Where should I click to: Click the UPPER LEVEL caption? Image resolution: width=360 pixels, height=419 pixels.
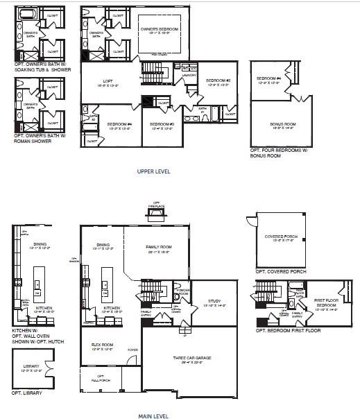(154, 171)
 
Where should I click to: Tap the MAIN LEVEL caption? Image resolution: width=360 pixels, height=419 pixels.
(154, 416)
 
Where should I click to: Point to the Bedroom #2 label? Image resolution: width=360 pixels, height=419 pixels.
(218, 82)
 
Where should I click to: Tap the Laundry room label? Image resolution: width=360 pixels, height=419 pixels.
(188, 76)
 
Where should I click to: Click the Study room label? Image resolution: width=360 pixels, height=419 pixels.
(214, 303)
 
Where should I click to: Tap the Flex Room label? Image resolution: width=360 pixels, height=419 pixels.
(103, 346)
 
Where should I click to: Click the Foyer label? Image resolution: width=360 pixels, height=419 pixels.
(132, 350)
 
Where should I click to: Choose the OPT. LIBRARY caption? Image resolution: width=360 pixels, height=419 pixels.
(26, 393)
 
